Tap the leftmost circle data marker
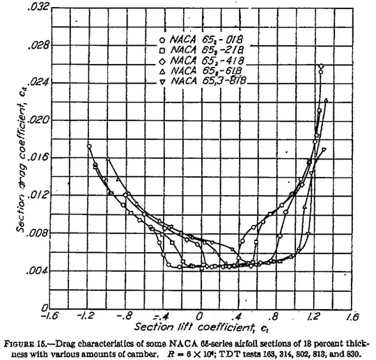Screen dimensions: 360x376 (x=89, y=146)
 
